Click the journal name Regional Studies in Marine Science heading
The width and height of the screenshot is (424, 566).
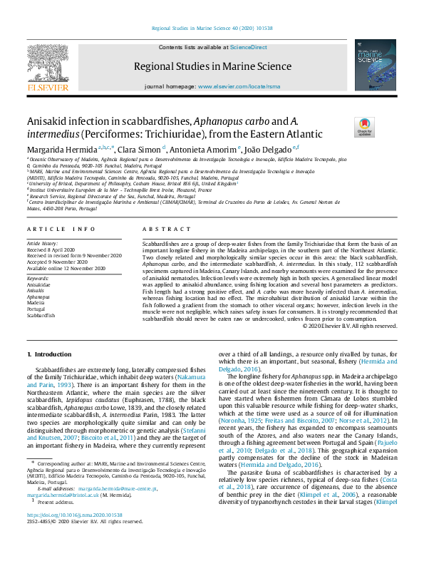click(x=212, y=67)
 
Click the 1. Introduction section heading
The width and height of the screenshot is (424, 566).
click(x=49, y=354)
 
